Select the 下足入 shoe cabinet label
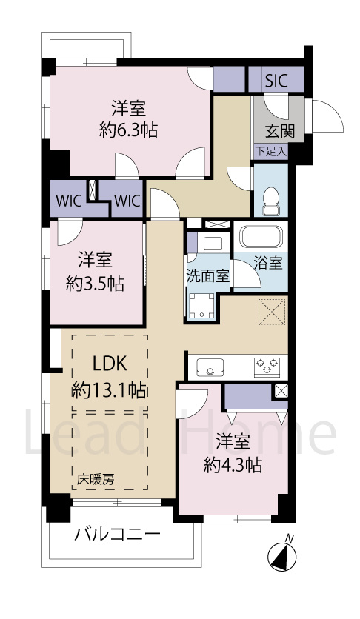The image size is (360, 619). pyautogui.click(x=271, y=151)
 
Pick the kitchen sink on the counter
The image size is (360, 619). pyautogui.click(x=210, y=364)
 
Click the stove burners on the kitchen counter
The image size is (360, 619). pyautogui.click(x=265, y=364)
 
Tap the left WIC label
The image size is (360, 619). pyautogui.click(x=67, y=200)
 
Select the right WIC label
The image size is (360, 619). pyautogui.click(x=126, y=200)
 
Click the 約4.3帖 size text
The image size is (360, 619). pyautogui.click(x=233, y=465)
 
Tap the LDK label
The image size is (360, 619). pyautogui.click(x=110, y=364)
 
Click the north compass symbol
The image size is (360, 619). pyautogui.click(x=283, y=553)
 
